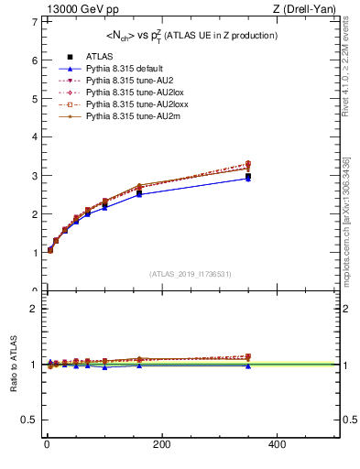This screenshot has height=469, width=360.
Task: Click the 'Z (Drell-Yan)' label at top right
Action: point(305,9)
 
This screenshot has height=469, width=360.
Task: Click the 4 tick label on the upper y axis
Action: point(34,137)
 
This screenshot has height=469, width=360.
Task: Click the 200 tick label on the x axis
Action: point(162,444)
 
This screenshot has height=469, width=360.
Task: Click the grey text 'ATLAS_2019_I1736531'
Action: point(191,273)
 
